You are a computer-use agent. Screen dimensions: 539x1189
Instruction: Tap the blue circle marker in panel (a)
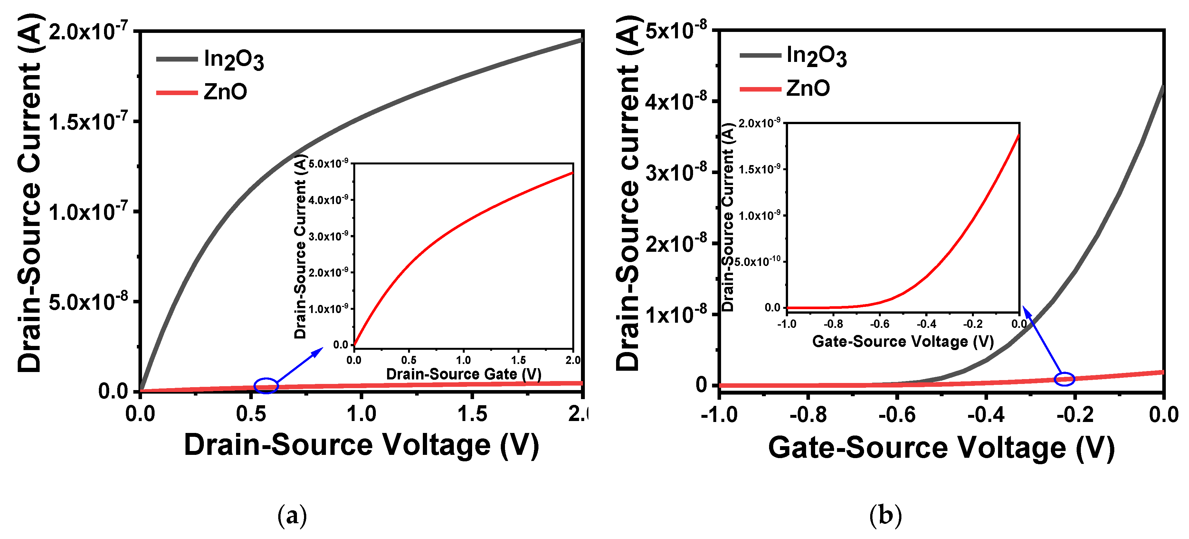tap(266, 385)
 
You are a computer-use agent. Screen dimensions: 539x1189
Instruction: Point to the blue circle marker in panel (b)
tap(1064, 379)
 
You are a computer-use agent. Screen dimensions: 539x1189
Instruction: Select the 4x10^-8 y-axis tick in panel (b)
tap(676, 102)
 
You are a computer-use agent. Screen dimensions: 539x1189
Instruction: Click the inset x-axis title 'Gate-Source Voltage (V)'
tap(903, 341)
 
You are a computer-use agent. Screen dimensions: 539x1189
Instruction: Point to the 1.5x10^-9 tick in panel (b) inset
tap(759, 169)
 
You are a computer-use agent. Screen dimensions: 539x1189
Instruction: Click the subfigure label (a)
tap(292, 515)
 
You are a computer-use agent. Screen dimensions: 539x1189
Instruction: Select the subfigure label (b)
tap(885, 515)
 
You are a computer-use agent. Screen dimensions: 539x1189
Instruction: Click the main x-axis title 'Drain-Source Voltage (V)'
tap(361, 445)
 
